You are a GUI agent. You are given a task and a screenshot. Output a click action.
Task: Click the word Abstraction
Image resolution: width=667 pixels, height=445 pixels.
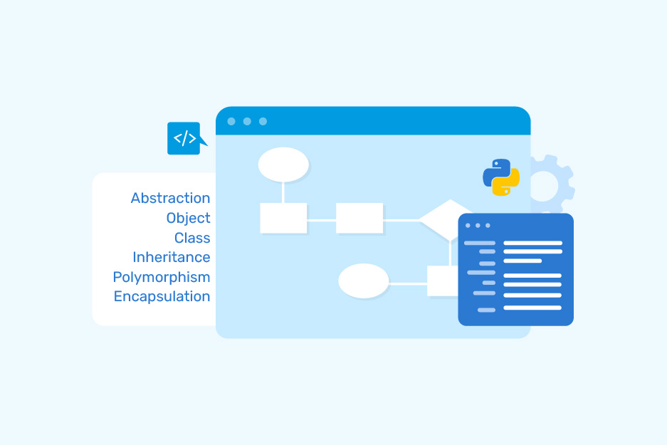click(x=170, y=199)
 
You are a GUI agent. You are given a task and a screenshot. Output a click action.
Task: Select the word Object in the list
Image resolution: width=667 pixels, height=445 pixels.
click(x=188, y=218)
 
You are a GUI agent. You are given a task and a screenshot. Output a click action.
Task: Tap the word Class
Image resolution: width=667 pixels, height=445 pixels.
click(x=192, y=238)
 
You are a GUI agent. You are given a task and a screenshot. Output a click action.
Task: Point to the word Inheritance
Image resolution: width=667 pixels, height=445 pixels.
click(x=171, y=257)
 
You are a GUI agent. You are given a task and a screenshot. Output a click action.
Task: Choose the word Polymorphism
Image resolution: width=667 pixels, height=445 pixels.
click(x=161, y=277)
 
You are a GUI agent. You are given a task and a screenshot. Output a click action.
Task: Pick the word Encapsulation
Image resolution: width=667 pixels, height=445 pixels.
click(x=162, y=296)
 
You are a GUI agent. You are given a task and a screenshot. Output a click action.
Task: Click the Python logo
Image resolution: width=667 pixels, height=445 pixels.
click(x=501, y=177)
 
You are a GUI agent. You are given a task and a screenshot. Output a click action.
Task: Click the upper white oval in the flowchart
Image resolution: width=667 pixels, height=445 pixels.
click(x=283, y=164)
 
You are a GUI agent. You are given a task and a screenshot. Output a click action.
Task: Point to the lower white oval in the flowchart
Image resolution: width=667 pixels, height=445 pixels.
click(x=363, y=281)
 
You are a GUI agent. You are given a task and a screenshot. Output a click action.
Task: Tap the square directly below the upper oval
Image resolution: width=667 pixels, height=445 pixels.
click(x=283, y=218)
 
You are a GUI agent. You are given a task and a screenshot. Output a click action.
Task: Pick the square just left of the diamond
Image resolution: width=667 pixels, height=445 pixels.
click(x=359, y=218)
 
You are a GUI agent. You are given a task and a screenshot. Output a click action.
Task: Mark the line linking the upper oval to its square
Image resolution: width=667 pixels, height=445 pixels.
click(x=283, y=192)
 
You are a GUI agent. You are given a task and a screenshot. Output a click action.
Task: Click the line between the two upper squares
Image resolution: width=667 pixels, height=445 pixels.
click(x=321, y=219)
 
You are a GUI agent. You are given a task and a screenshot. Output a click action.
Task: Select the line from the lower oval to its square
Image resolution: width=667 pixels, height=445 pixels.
click(x=408, y=283)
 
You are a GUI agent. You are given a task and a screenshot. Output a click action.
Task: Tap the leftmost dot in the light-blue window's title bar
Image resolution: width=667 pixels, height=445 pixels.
click(x=231, y=121)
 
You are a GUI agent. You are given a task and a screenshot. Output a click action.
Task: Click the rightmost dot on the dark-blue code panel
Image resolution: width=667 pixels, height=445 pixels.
click(x=488, y=226)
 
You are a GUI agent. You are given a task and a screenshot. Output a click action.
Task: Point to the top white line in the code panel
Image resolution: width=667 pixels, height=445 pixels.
click(x=532, y=243)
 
